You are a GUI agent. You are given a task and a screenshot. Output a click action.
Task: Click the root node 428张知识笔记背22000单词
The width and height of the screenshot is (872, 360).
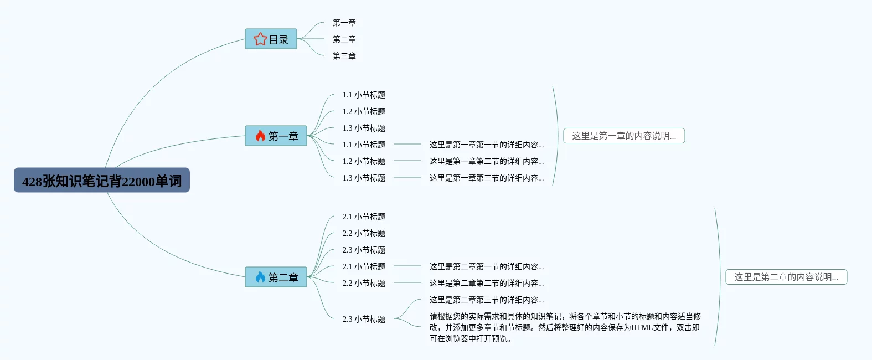click(102, 181)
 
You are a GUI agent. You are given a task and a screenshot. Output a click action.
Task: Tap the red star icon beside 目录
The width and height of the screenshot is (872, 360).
click(260, 39)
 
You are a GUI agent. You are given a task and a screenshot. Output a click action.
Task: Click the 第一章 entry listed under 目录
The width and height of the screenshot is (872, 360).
click(344, 23)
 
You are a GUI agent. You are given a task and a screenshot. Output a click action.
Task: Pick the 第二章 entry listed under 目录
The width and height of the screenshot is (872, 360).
click(344, 39)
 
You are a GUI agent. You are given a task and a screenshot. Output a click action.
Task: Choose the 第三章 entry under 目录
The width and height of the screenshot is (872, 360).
click(344, 56)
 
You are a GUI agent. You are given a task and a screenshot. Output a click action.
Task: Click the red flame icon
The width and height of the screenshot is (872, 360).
click(260, 136)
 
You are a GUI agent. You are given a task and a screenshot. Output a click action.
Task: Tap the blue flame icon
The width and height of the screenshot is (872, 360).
click(260, 277)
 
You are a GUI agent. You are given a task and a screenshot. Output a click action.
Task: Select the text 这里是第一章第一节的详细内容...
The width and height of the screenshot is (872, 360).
click(486, 145)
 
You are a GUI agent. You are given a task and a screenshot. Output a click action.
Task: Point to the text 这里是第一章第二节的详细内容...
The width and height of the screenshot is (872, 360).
click(486, 161)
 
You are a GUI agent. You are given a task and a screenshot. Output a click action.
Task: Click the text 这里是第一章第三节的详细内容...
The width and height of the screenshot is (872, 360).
click(486, 178)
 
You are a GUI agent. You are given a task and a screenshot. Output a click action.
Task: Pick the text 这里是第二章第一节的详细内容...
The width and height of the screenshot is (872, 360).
click(486, 266)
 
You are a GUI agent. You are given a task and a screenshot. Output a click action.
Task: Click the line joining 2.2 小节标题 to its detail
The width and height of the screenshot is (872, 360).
click(407, 283)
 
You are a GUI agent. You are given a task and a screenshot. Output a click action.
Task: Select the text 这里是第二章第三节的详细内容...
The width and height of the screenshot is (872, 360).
click(486, 300)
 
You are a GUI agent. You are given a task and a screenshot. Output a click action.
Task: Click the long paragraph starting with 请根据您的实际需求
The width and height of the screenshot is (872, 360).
click(565, 327)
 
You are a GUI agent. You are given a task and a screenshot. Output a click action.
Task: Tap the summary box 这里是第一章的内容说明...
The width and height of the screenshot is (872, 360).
click(624, 136)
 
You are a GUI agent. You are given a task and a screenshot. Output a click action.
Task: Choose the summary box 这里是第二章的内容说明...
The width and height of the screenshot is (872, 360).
click(786, 277)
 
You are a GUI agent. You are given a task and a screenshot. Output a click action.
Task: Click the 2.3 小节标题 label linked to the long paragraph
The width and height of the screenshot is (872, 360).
click(364, 319)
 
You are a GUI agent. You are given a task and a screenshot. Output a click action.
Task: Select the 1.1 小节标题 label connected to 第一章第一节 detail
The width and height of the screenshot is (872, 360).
click(364, 145)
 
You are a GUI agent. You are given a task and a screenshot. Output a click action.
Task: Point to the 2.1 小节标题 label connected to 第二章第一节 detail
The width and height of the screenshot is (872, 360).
click(364, 266)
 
